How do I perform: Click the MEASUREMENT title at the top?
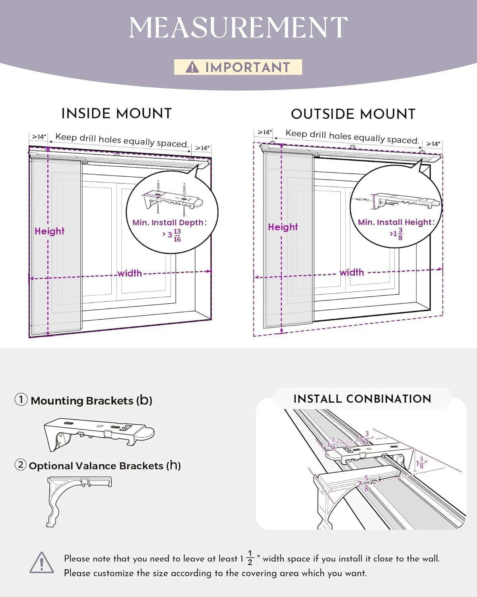click(238, 27)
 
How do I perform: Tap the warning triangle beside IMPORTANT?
click(192, 67)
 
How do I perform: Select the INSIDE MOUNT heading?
click(116, 113)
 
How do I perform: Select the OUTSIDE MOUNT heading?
click(353, 114)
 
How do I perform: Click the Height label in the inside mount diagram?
click(49, 231)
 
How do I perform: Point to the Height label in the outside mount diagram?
click(283, 227)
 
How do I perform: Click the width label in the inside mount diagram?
click(130, 273)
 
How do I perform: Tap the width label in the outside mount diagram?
click(351, 272)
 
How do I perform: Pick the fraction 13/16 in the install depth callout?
click(177, 235)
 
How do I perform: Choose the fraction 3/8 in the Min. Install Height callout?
click(400, 234)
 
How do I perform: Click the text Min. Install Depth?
click(168, 222)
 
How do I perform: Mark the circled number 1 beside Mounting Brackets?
click(21, 400)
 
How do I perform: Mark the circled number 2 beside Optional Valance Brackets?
click(21, 464)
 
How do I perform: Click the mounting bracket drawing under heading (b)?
click(99, 434)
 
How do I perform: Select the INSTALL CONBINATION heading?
click(362, 399)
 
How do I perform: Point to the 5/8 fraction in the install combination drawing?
click(366, 483)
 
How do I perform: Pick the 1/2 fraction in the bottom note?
click(250, 558)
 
